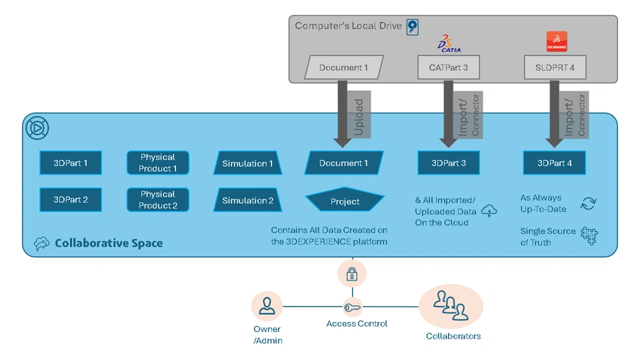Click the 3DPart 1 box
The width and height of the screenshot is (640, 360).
click(71, 163)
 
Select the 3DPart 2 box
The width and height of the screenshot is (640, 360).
click(71, 200)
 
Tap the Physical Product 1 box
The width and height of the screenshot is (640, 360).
click(158, 163)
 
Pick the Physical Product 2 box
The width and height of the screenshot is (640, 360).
click(158, 200)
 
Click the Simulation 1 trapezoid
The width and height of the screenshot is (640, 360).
click(247, 163)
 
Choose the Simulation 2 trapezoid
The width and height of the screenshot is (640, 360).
click(247, 201)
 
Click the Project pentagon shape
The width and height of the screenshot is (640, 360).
click(345, 201)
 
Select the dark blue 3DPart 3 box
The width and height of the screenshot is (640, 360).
click(449, 163)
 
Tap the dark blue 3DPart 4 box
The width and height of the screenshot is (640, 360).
click(555, 163)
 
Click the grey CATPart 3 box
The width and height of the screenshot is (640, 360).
click(449, 67)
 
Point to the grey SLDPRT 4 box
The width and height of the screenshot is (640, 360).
click(555, 67)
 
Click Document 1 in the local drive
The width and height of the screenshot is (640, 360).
click(343, 67)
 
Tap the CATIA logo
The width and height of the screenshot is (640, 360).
click(449, 43)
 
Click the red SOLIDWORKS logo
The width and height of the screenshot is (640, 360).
click(556, 41)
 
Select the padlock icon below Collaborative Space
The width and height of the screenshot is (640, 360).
click(352, 273)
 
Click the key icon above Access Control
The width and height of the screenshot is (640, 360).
click(352, 308)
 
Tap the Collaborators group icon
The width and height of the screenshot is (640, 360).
click(451, 306)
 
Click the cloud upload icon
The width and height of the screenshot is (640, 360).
click(489, 211)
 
